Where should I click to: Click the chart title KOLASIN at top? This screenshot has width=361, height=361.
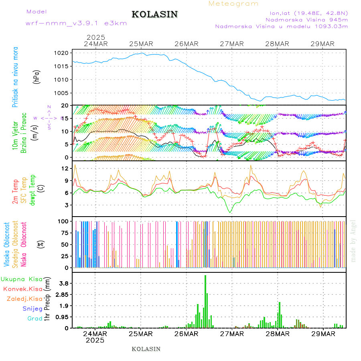point(154,14)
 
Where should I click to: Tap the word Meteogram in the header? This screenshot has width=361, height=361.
point(233,4)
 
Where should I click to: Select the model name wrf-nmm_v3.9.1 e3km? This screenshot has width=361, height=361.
point(76,23)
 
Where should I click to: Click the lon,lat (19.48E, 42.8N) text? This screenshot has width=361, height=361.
point(308,12)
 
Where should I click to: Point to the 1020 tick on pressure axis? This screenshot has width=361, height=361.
point(64,53)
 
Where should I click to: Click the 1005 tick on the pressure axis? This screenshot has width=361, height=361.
point(64,93)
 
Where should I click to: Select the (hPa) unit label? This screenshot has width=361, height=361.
point(37,76)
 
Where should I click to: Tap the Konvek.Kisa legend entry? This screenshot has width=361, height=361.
point(23,289)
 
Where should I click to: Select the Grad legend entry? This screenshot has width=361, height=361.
point(35,319)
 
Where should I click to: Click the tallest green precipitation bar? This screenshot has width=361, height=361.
point(205,301)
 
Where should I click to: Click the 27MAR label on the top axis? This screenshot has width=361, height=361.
point(231,44)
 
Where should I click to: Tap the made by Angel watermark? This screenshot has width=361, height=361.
point(353,241)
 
